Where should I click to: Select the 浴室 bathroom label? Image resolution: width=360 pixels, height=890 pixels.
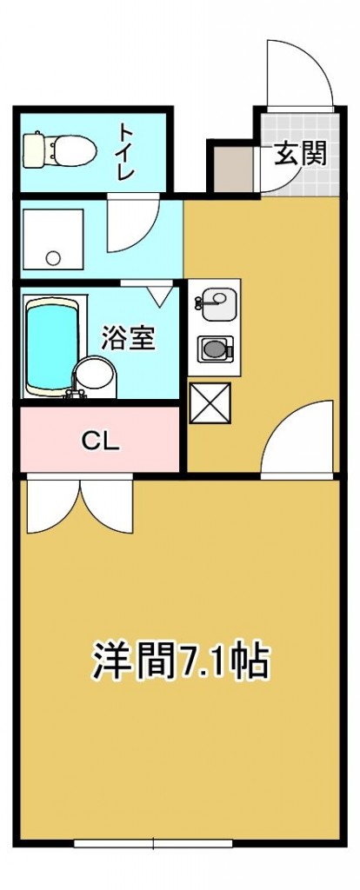pyautogui.click(x=128, y=337)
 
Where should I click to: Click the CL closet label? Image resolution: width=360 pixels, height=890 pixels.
pyautogui.click(x=100, y=440)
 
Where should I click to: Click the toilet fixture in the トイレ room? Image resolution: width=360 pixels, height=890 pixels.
pyautogui.click(x=56, y=149)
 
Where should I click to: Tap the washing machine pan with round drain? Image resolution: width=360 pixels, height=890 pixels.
pyautogui.click(x=51, y=236)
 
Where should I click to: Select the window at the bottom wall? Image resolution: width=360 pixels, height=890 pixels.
pyautogui.click(x=153, y=842)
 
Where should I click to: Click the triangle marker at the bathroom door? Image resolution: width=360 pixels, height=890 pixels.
pyautogui.click(x=158, y=296)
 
